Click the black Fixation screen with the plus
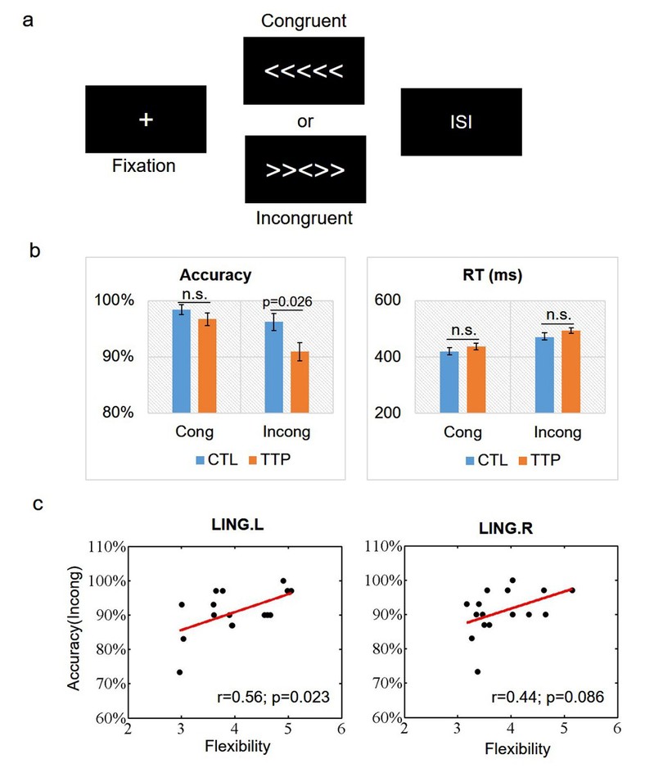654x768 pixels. tap(145, 120)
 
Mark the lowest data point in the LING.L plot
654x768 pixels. tap(179, 671)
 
